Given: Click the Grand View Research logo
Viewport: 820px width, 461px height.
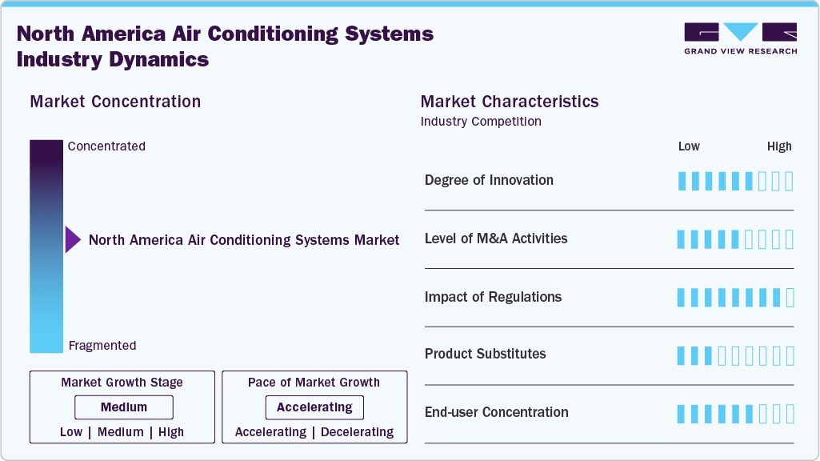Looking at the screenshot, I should pyautogui.click(x=740, y=38).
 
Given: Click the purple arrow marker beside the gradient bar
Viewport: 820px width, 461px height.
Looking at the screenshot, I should pyautogui.click(x=73, y=240).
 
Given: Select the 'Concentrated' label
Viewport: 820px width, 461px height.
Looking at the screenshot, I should pyautogui.click(x=106, y=146).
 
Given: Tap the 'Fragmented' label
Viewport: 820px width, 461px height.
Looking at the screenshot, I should pyautogui.click(x=102, y=346).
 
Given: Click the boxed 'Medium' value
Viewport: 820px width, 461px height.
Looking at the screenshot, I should pyautogui.click(x=124, y=407).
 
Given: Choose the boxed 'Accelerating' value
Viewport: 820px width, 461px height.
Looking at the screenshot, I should pyautogui.click(x=314, y=407).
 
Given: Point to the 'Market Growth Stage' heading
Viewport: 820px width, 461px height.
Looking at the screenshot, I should pyautogui.click(x=122, y=383).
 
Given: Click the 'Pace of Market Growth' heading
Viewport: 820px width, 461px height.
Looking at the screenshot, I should pyautogui.click(x=314, y=383).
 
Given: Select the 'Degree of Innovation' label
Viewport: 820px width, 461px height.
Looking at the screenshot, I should pyautogui.click(x=489, y=180).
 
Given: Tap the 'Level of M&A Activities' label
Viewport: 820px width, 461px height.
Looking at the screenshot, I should pyautogui.click(x=496, y=239).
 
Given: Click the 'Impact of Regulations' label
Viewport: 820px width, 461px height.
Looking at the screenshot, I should pyautogui.click(x=493, y=297).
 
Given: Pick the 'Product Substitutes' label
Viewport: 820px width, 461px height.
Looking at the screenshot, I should pyautogui.click(x=485, y=354).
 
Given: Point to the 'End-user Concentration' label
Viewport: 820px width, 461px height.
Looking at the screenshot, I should pyautogui.click(x=496, y=412).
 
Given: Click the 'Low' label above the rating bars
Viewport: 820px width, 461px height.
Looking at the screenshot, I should pyautogui.click(x=689, y=146).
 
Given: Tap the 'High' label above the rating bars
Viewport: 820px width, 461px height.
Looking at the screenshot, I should pyautogui.click(x=779, y=146).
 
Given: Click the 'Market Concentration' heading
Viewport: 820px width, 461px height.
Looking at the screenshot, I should pyautogui.click(x=115, y=102).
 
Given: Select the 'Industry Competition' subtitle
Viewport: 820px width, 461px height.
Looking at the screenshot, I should pyautogui.click(x=481, y=122).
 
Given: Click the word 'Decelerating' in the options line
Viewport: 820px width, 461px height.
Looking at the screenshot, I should pyautogui.click(x=357, y=432).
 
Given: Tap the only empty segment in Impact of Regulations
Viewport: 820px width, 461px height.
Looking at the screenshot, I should pyautogui.click(x=790, y=298).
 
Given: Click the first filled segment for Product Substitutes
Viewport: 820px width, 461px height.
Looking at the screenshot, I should pyautogui.click(x=682, y=355).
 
